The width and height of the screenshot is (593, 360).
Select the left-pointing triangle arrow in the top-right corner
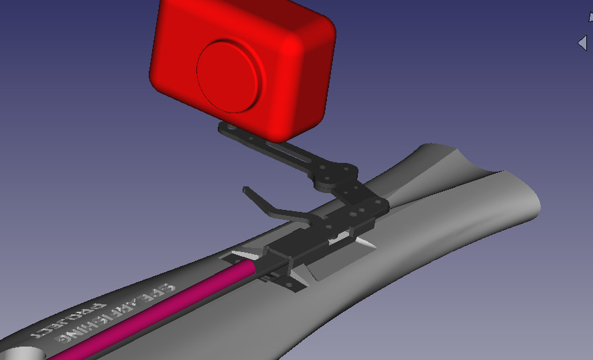(x=582, y=43)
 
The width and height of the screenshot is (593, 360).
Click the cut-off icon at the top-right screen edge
(x=590, y=17)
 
